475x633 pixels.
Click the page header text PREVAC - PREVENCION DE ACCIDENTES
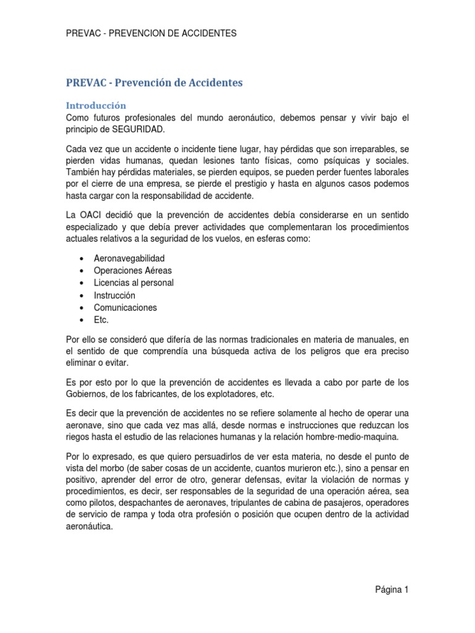tap(151, 33)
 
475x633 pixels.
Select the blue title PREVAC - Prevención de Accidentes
tap(154, 82)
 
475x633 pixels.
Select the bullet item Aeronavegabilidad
tap(129, 258)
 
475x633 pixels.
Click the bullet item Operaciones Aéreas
tap(132, 270)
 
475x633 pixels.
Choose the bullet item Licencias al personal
tap(134, 283)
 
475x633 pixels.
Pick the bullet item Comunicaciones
tap(126, 307)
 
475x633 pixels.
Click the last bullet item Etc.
tap(101, 320)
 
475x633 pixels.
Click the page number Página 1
tap(392, 590)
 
